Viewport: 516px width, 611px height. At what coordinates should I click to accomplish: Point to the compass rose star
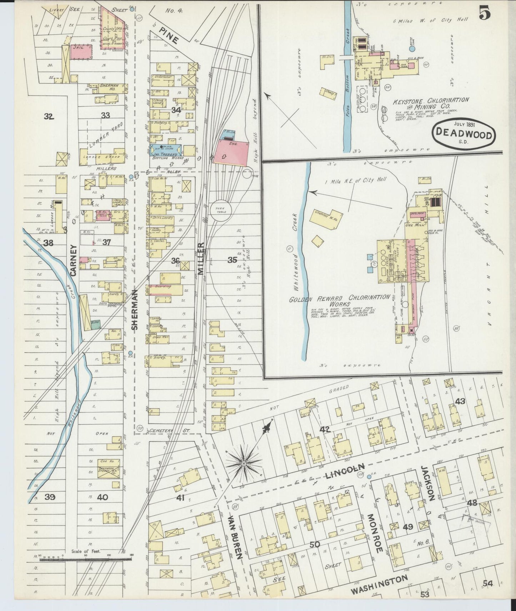(x=244, y=463)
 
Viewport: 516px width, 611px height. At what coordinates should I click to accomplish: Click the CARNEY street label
(x=74, y=260)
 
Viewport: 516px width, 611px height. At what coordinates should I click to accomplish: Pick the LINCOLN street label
(x=345, y=472)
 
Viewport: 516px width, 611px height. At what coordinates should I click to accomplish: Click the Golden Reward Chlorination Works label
(x=339, y=300)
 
